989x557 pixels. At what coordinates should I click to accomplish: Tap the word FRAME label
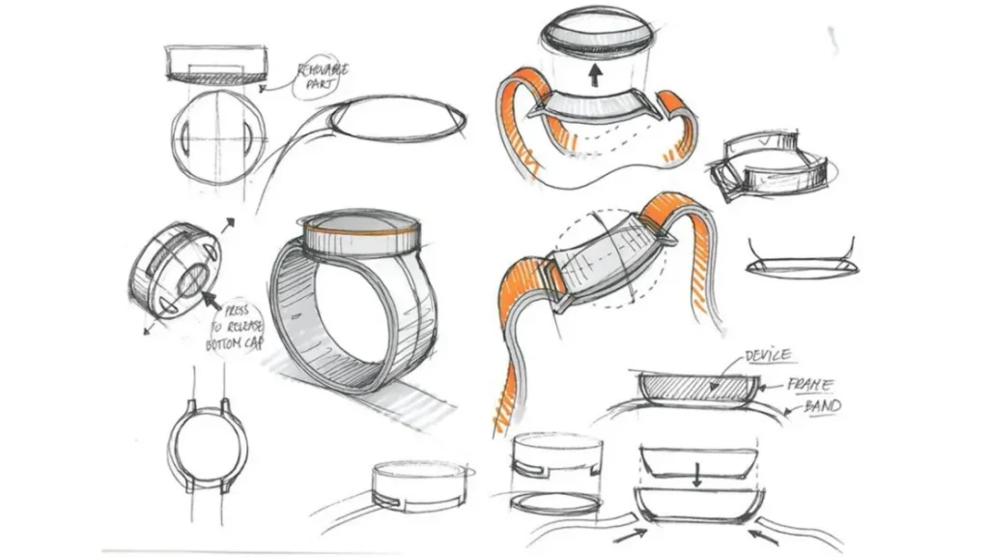click(811, 384)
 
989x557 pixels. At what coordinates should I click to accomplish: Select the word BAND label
click(822, 406)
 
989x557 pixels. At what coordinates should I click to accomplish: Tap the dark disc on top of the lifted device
click(597, 26)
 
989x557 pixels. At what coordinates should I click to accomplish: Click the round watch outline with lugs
click(208, 448)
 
